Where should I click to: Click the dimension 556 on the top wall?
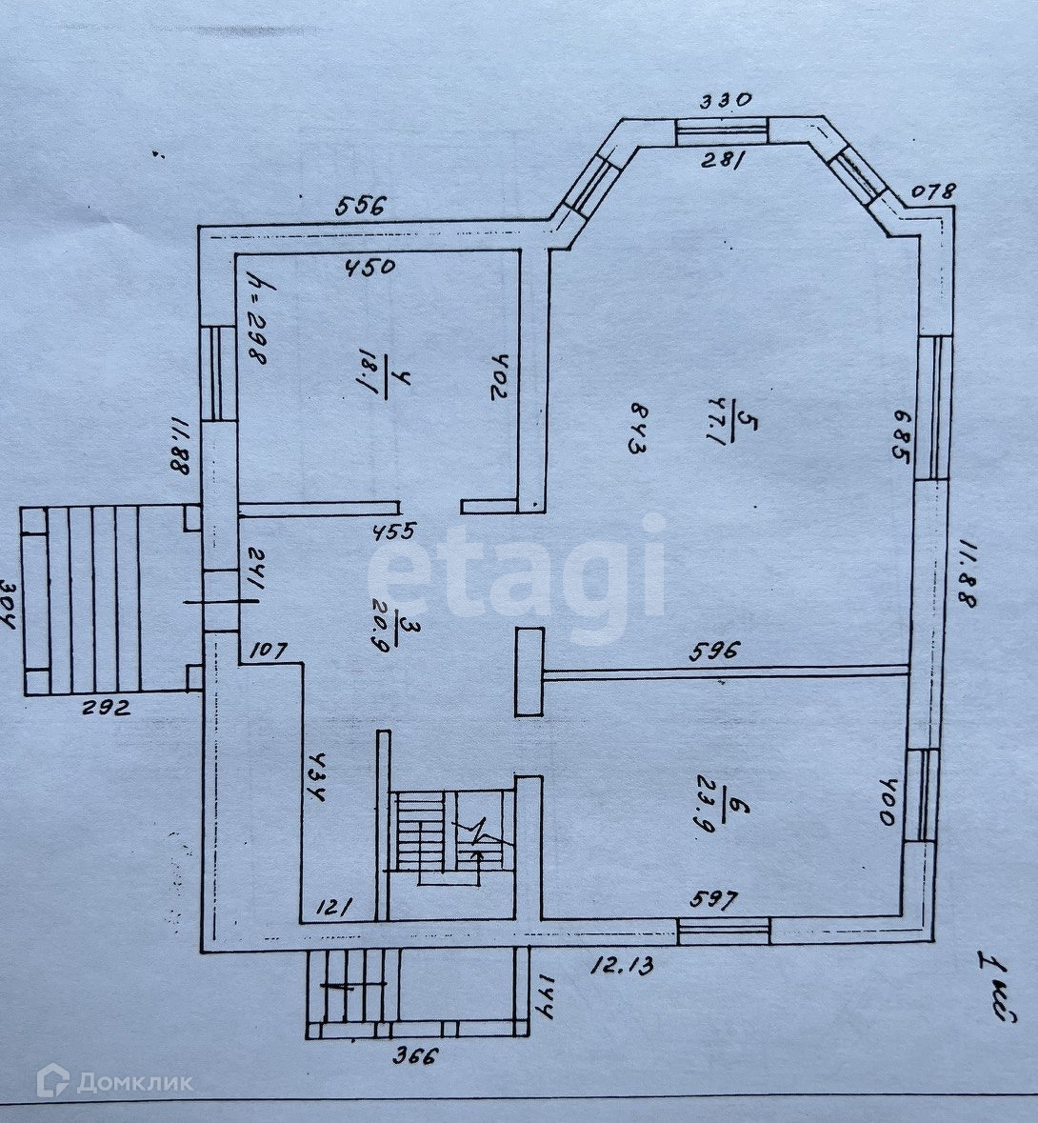[362, 205]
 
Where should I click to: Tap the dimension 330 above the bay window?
[727, 99]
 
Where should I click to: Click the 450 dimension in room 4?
[369, 267]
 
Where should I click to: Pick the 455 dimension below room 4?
[390, 531]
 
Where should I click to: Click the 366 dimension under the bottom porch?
[416, 1054]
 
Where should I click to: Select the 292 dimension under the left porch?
[107, 708]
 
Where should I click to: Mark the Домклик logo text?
[116, 1082]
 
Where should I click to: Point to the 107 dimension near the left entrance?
[269, 652]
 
